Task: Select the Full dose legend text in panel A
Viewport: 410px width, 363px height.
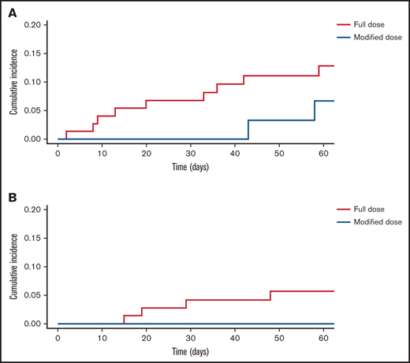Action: click(368, 24)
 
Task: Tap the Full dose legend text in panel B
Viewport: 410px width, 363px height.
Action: click(368, 209)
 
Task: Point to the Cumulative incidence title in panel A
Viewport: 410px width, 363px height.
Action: click(13, 82)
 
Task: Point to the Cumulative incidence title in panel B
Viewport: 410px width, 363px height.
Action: click(13, 267)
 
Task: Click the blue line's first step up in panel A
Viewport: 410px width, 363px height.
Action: click(248, 129)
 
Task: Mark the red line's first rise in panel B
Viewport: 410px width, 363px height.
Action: click(124, 319)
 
